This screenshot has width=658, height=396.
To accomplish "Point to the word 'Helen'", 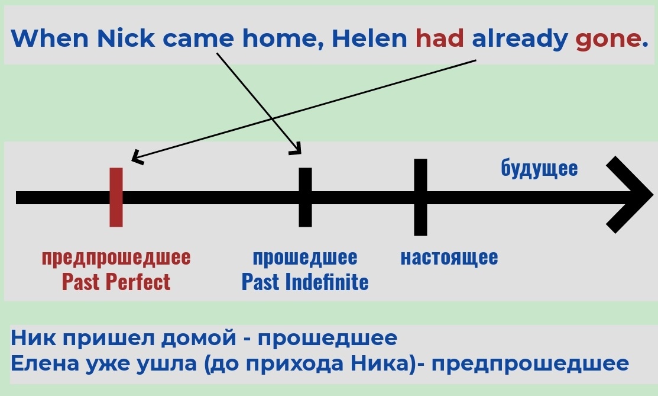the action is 369,39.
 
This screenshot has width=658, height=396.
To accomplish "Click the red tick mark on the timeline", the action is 116,197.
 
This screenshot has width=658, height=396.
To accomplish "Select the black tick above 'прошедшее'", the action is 305,197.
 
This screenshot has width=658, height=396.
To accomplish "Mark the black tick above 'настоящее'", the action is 420,197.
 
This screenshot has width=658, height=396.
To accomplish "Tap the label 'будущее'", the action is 539,168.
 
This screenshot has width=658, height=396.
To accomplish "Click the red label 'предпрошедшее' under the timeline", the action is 116,257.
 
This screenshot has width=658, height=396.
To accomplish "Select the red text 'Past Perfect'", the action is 116,282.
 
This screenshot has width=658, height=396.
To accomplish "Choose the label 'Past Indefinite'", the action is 305,282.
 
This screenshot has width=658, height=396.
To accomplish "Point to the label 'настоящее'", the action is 449,257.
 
